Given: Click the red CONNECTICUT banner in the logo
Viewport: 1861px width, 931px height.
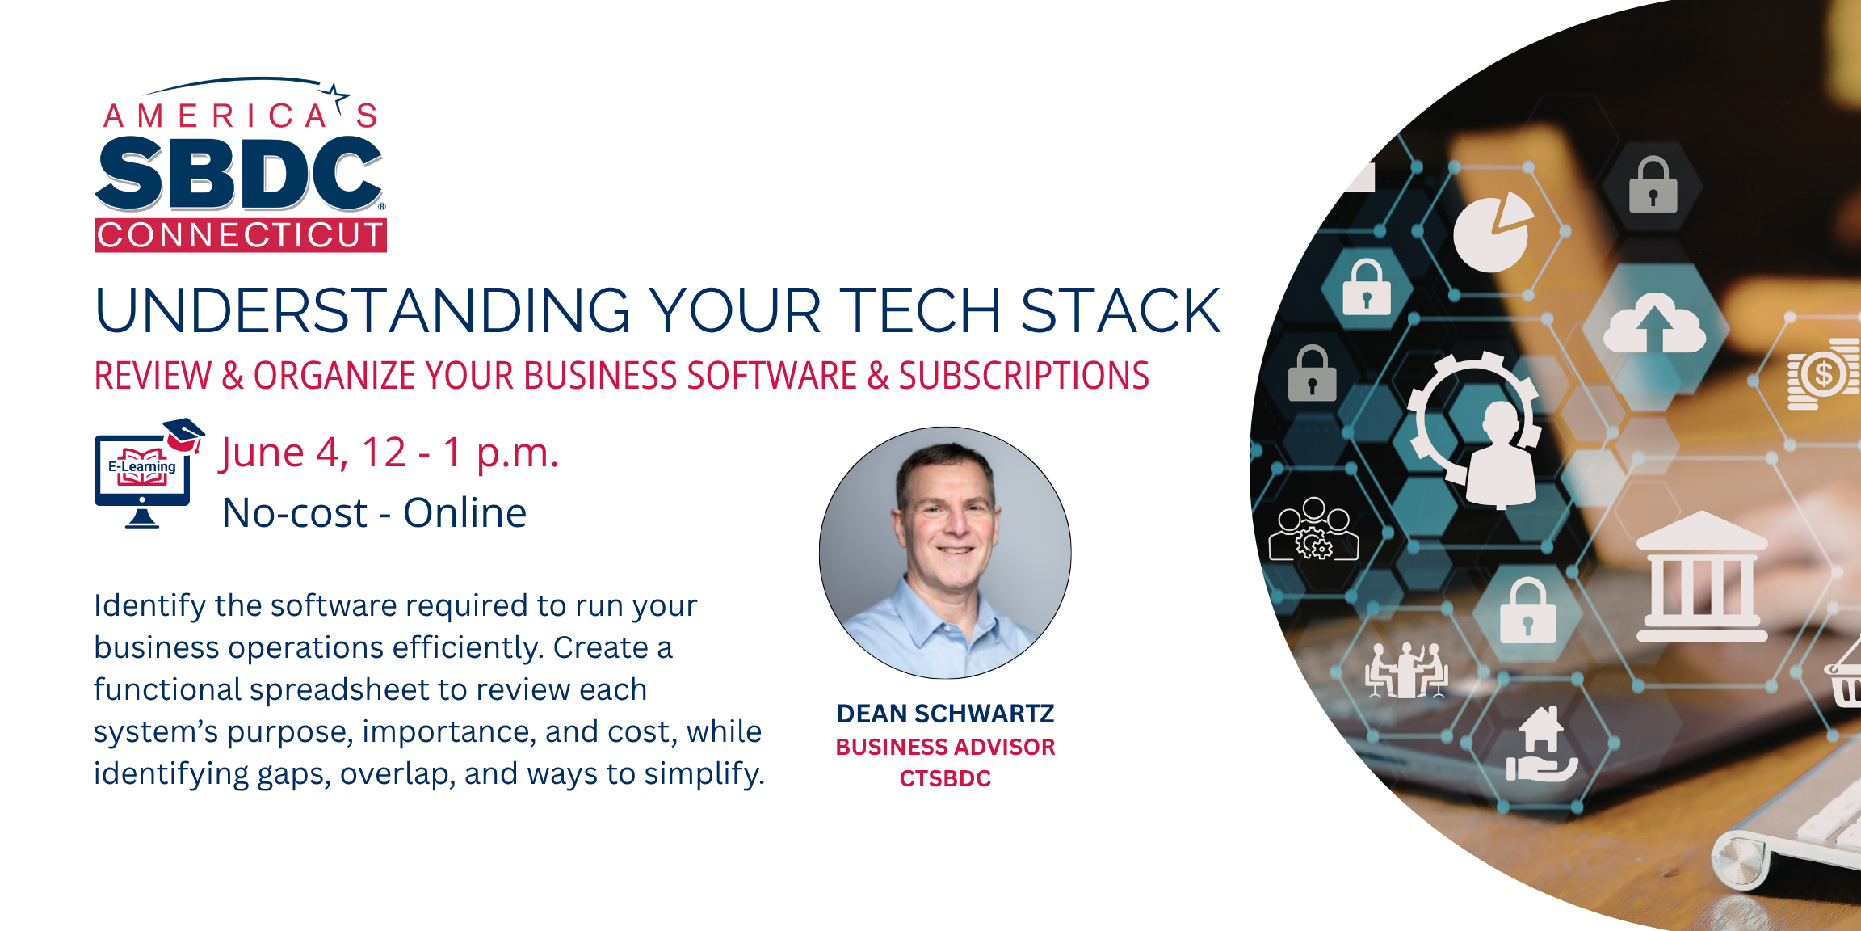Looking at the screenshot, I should tap(240, 235).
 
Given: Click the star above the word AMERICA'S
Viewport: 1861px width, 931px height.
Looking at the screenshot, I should tap(334, 95).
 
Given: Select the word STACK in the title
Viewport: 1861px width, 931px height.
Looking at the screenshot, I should tap(1120, 311).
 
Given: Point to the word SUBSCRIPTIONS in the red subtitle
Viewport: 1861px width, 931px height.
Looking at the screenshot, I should tap(1023, 376).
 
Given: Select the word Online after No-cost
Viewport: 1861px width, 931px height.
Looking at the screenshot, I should tap(464, 512).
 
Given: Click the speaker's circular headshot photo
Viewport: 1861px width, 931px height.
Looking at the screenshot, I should tap(945, 553).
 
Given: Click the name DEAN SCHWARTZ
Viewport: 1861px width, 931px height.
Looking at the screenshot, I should tap(945, 714).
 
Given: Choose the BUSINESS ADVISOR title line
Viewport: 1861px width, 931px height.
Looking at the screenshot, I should tap(945, 747).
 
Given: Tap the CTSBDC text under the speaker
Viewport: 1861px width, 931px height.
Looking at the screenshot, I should tap(945, 778).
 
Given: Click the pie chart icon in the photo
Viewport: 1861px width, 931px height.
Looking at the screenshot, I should tap(1492, 234).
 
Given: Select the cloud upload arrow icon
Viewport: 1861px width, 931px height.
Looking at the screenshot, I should tap(1653, 325).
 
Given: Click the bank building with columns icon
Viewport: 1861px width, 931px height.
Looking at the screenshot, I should tap(1701, 577).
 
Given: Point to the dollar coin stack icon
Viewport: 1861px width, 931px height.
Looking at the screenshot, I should tap(1822, 374).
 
